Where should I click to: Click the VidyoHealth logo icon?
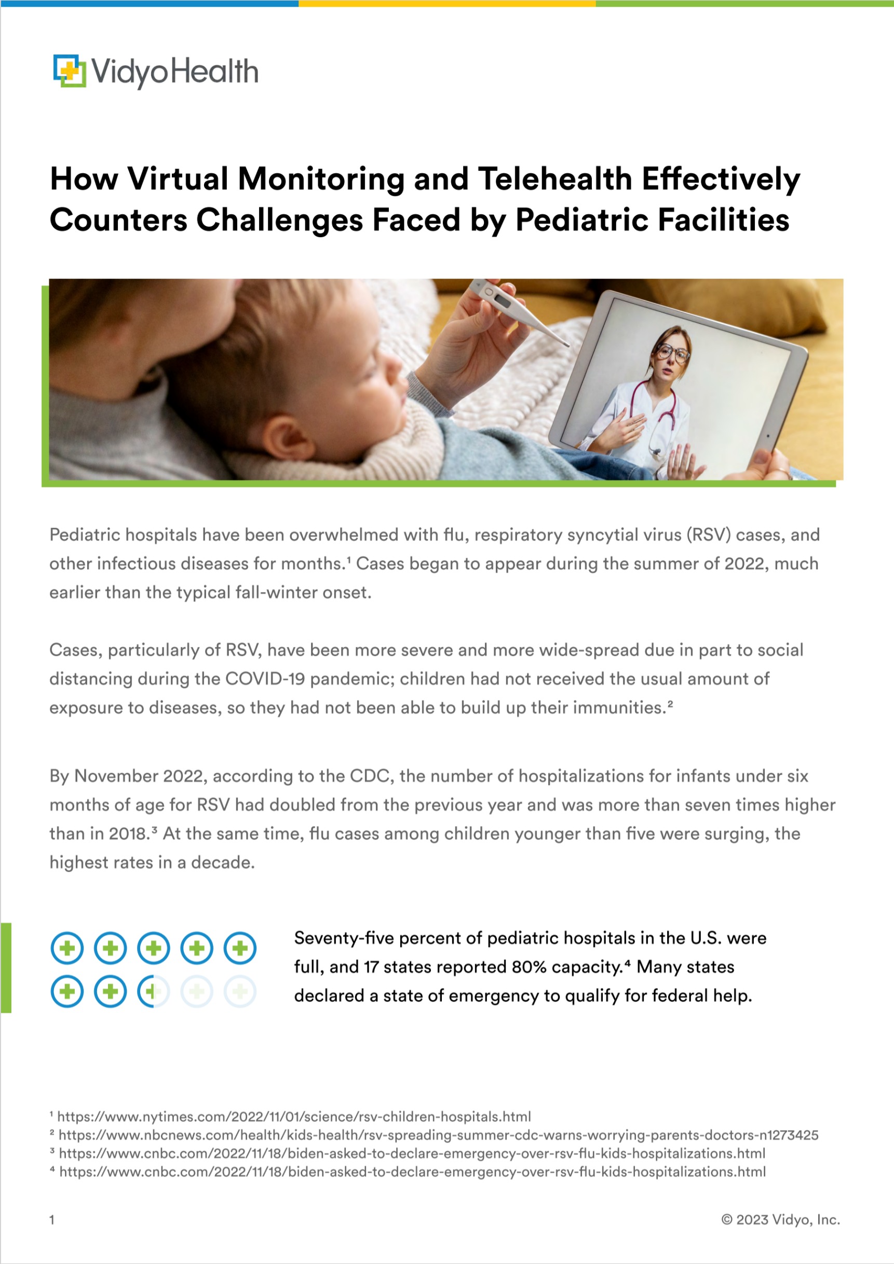coord(70,71)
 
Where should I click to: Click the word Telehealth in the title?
coord(554,180)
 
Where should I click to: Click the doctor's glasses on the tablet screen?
coord(672,352)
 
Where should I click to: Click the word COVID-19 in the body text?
coord(265,679)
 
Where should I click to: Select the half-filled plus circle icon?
coord(153,992)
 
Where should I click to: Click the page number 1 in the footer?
coord(52,1219)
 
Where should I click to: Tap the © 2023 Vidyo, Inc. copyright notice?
coord(780,1219)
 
